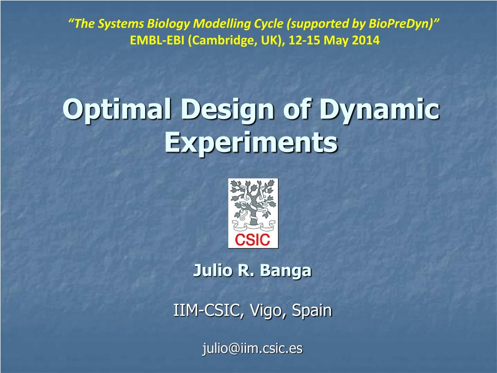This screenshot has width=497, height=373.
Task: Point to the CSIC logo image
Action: (253, 213)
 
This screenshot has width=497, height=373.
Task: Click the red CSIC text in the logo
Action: (253, 239)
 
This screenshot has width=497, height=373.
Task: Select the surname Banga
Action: (285, 271)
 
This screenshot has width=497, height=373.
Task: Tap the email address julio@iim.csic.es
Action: (252, 348)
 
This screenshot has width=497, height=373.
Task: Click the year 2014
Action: (366, 40)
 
